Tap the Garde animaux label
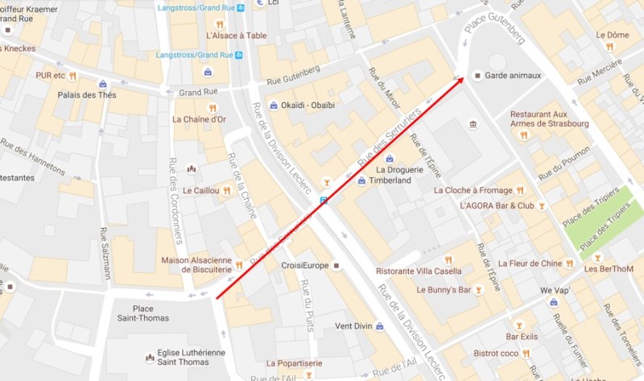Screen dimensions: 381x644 tap(513, 76)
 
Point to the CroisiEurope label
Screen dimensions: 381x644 tap(305, 265)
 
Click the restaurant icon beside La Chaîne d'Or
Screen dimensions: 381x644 tap(213, 107)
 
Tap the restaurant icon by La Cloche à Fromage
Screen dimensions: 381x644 tap(520, 190)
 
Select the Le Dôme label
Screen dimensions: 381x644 tap(612, 35)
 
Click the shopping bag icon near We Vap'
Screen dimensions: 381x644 tap(553, 301)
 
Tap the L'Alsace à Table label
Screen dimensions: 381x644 tap(237, 35)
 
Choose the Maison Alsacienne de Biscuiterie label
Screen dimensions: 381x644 tap(196, 265)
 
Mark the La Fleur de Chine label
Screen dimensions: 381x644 tap(530, 263)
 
